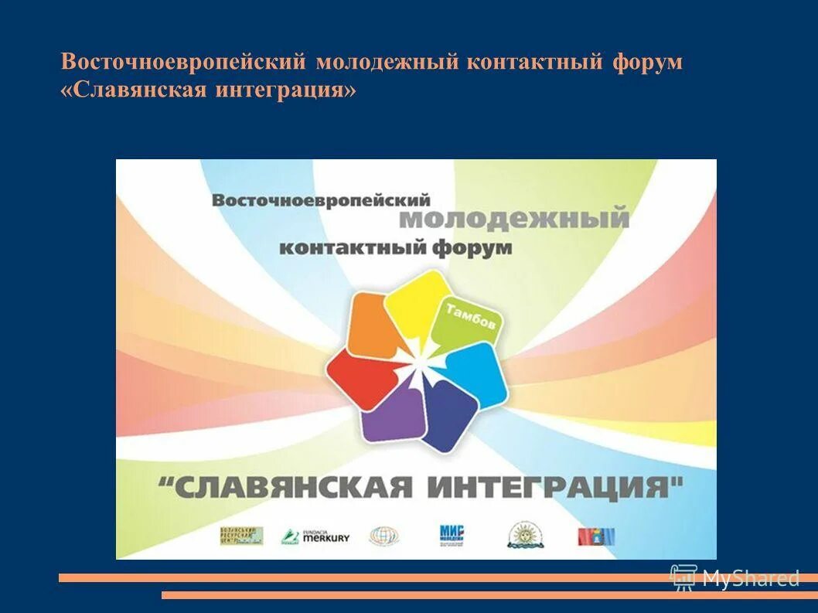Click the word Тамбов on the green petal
point(471,318)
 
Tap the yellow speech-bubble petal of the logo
point(418,303)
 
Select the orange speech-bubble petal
point(375,325)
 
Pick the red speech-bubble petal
point(360,376)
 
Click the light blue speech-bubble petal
point(476,373)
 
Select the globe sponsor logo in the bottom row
point(383,536)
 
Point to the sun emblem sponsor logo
point(525,535)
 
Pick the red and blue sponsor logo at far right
point(595,536)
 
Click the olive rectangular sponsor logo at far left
point(241,536)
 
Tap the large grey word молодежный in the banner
point(514,219)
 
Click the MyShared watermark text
point(750,577)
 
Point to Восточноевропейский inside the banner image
point(321,199)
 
